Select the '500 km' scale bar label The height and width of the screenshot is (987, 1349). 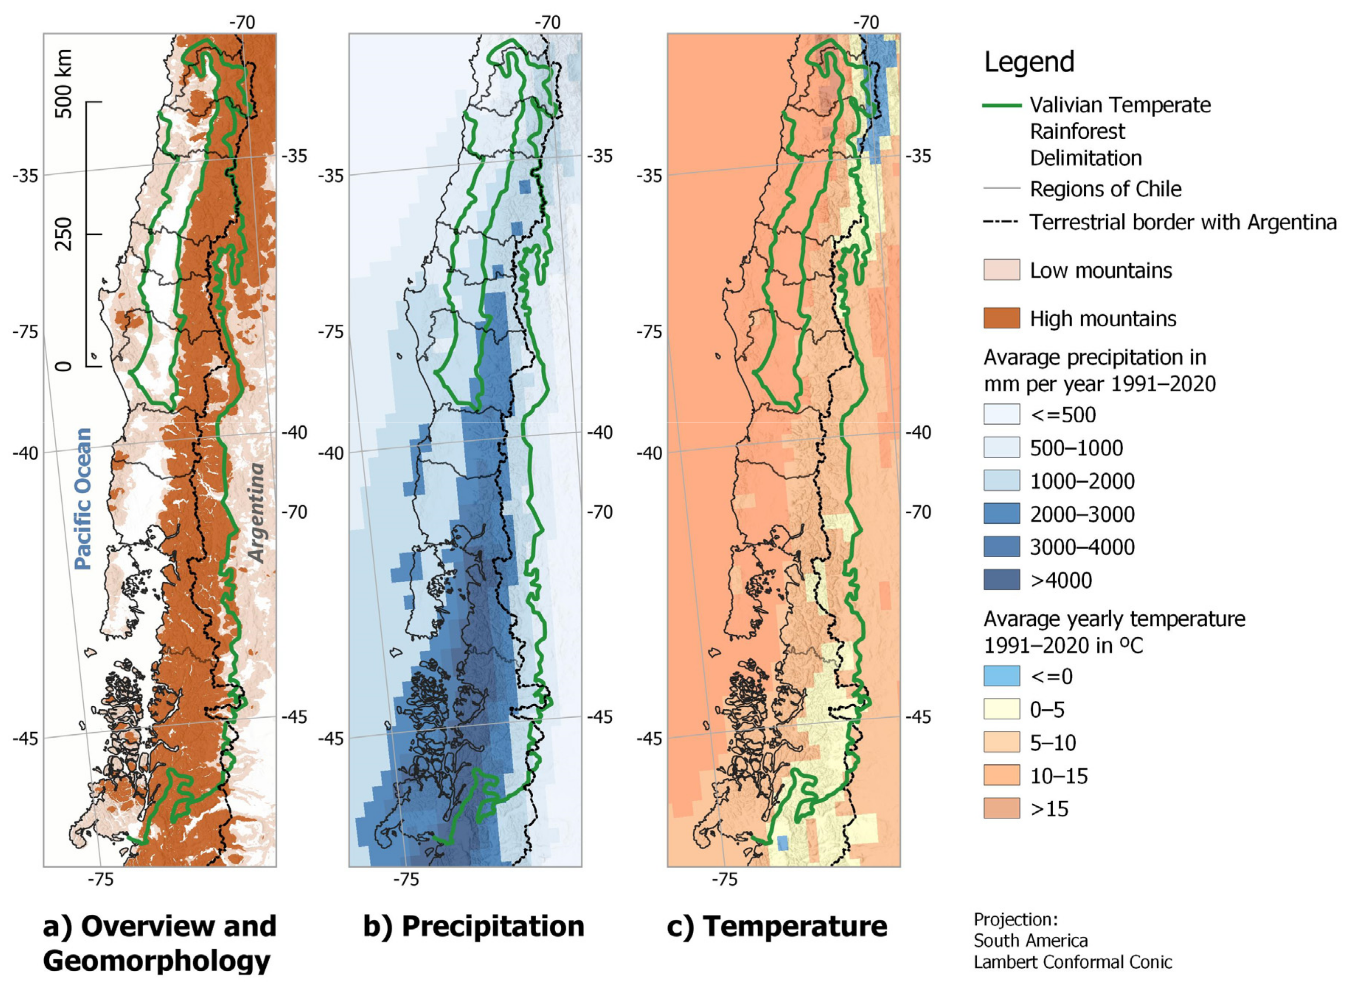(63, 84)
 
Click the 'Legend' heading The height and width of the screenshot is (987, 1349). (1029, 62)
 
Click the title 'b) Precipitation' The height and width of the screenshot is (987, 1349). (473, 927)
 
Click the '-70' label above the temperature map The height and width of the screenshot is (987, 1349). (866, 23)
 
